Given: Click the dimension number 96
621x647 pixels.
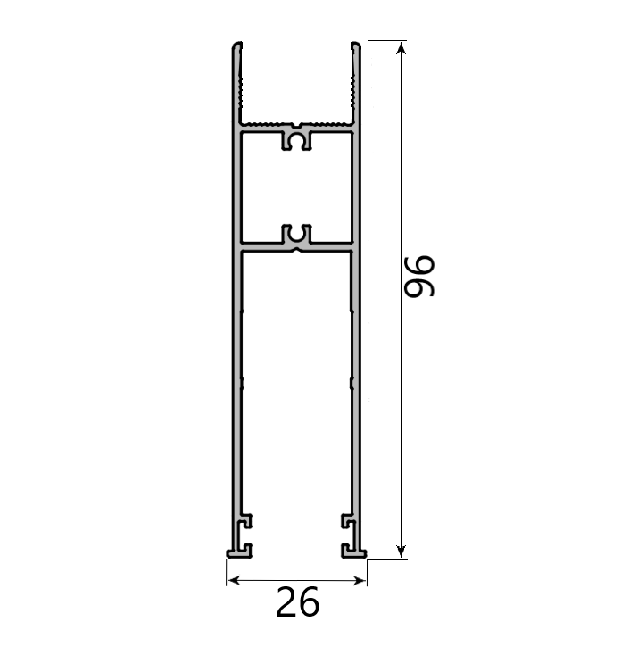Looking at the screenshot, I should (418, 276).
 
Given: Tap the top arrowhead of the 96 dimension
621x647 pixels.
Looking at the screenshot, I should (402, 47).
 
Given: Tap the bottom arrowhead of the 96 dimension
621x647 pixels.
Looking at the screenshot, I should (402, 551).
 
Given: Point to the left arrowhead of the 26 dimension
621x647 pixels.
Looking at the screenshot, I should (232, 581).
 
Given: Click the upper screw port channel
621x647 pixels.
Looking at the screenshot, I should (297, 140).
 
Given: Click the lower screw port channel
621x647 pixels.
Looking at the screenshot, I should (297, 236).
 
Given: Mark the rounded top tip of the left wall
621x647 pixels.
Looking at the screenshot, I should (237, 45).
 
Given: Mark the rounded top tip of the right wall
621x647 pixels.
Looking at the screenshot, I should (355, 45).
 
